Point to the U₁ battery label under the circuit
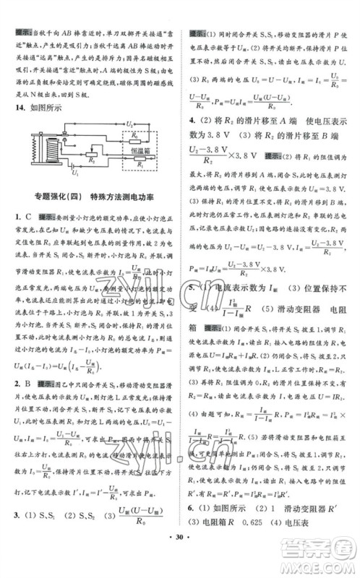click(x=74, y=175)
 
